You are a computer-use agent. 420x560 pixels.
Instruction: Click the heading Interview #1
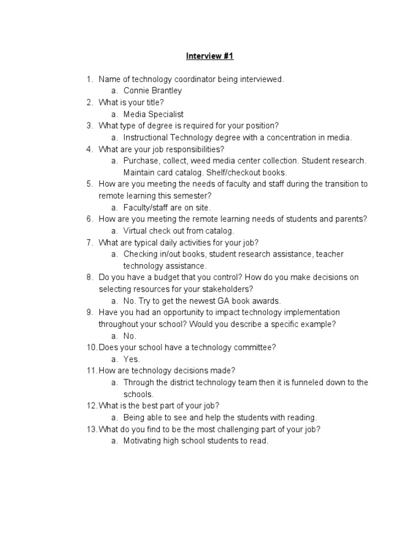(210, 56)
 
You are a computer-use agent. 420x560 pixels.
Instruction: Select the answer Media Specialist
(154, 114)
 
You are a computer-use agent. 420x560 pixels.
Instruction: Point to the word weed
(206, 161)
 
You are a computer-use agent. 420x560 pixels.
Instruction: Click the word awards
(266, 301)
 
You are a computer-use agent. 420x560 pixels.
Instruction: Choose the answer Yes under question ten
(131, 359)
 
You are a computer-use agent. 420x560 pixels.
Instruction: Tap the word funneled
(314, 382)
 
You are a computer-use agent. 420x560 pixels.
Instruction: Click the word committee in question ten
(255, 347)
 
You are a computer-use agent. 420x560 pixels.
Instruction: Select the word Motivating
(142, 441)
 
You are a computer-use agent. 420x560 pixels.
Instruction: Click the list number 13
(91, 429)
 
